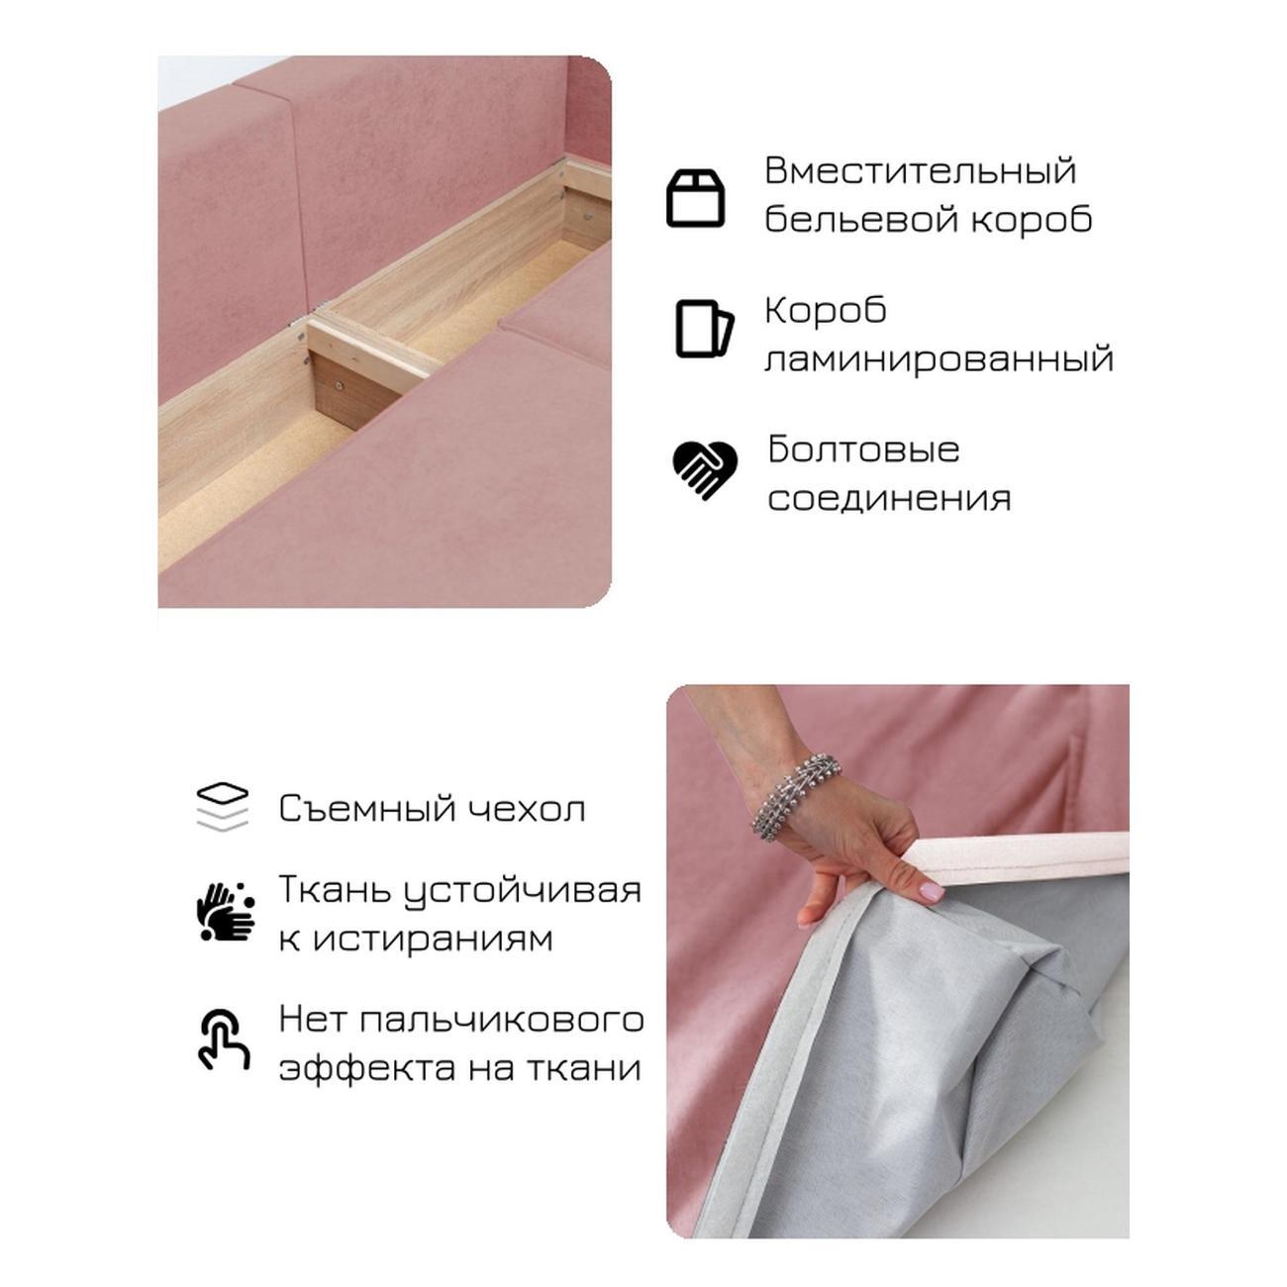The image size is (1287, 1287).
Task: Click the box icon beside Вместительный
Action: pos(695,198)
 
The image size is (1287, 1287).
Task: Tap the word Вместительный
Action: pos(921,171)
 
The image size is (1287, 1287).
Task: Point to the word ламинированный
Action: pos(940,359)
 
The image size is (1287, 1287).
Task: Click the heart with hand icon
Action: pos(704,469)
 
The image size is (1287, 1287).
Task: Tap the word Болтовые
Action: pos(863,448)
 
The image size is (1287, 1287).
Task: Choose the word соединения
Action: pos(889,499)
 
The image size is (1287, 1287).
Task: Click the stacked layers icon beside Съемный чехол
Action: pos(223,807)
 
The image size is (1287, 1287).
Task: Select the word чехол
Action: pos(526,809)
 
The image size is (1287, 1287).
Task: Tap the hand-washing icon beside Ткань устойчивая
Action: pos(225,912)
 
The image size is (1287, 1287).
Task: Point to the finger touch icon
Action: pos(224,1039)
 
